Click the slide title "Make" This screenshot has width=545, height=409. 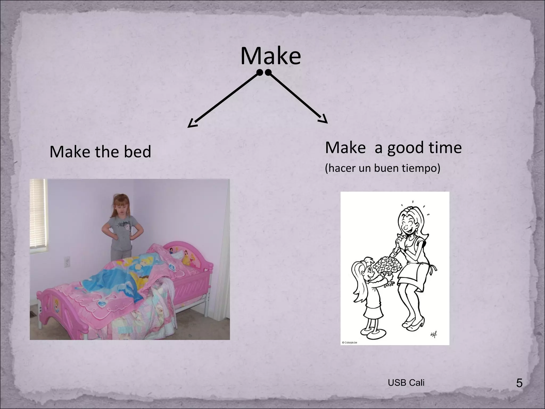pyautogui.click(x=270, y=56)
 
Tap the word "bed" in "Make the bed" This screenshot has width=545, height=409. pyautogui.click(x=137, y=152)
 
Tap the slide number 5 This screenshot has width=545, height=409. pyautogui.click(x=519, y=391)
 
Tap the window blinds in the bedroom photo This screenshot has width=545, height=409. pyautogui.click(x=38, y=213)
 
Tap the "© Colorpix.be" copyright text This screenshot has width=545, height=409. pyautogui.click(x=349, y=343)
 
